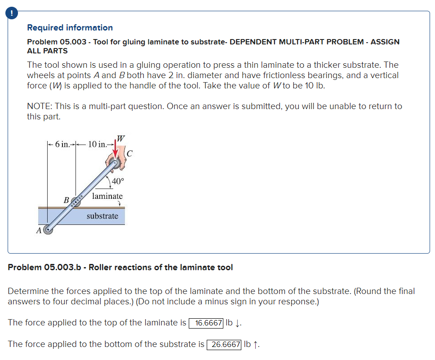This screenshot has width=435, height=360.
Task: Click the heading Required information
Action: [x=70, y=28]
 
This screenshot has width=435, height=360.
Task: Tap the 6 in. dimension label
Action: [x=62, y=144]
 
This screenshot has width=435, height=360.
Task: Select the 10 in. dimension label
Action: [x=98, y=144]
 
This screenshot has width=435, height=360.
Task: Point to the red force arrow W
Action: [x=116, y=149]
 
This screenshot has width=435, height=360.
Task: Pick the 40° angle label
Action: [x=118, y=181]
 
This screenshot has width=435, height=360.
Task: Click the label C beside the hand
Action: [x=129, y=154]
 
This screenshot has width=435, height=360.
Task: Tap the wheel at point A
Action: [x=48, y=230]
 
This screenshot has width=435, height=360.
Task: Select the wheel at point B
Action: [x=75, y=202]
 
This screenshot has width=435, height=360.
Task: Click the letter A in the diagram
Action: [x=39, y=231]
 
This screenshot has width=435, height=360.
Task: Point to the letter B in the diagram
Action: [x=66, y=200]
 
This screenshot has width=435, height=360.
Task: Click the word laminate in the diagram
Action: [x=107, y=196]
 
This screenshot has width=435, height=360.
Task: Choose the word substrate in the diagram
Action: [x=102, y=216]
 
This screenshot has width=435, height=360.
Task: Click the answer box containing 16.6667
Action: [x=206, y=323]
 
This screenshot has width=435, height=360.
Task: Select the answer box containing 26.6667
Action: [x=224, y=344]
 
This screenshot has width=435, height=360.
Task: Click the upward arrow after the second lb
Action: [x=256, y=344]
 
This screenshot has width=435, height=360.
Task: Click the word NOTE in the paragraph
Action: [x=38, y=106]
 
